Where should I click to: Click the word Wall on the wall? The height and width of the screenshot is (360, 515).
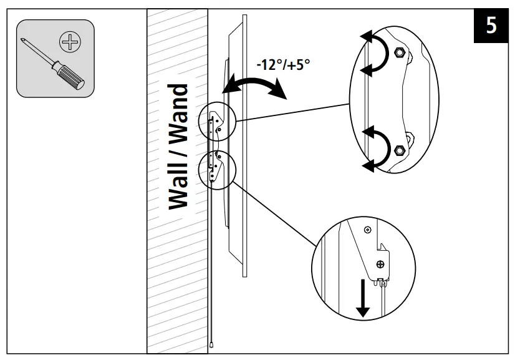pyautogui.click(x=178, y=181)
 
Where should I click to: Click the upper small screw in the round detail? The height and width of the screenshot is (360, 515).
pyautogui.click(x=367, y=230)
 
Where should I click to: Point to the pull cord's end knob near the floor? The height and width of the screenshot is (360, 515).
pyautogui.click(x=213, y=343)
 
